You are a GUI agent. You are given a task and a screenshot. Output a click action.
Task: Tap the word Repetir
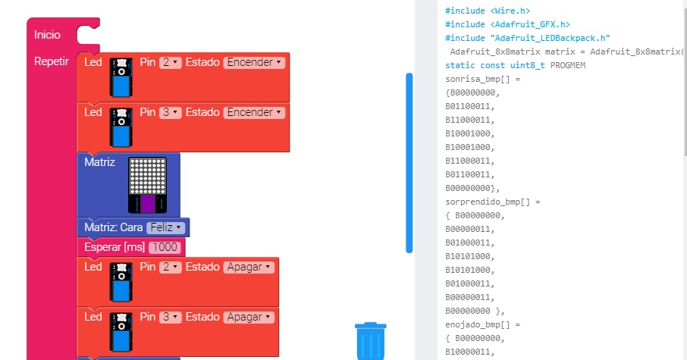click(52, 61)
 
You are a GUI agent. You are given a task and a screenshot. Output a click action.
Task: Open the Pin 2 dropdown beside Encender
click(171, 62)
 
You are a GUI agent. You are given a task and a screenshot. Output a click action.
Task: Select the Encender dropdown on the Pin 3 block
click(254, 112)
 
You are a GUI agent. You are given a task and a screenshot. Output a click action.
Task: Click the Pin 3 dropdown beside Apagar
click(171, 317)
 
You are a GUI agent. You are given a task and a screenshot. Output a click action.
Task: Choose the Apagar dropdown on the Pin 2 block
click(248, 267)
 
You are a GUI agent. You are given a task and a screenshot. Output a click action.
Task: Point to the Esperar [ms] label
click(114, 248)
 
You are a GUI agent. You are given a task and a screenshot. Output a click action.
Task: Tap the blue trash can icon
click(371, 340)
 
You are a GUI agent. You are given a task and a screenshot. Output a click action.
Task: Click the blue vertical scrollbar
click(409, 162)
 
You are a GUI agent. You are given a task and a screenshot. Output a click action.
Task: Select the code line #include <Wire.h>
click(488, 11)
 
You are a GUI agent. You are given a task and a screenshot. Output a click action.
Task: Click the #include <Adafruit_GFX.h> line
click(507, 24)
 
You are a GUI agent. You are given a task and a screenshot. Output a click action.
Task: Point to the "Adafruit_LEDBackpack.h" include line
click(528, 38)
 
